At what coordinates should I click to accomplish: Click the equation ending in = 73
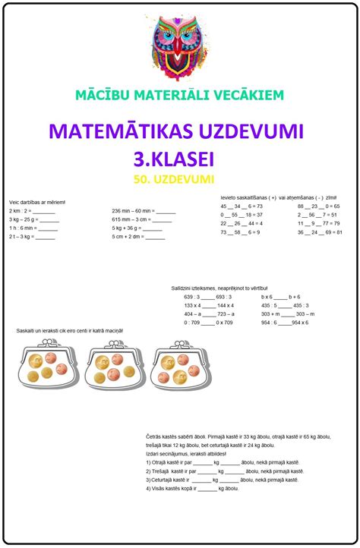coord(242,206)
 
